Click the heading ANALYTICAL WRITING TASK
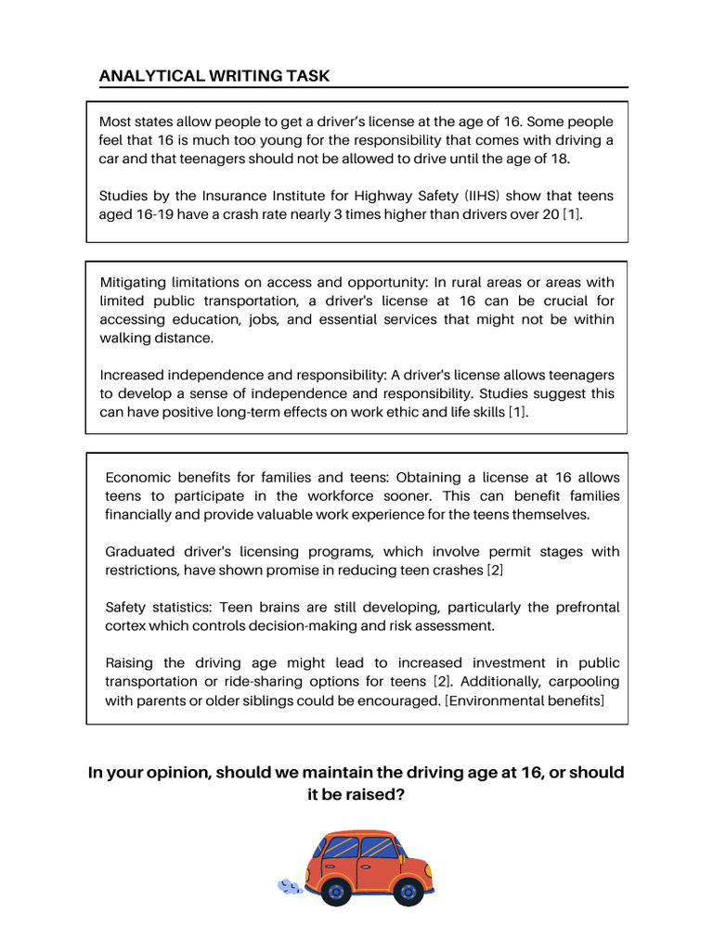pyautogui.click(x=214, y=76)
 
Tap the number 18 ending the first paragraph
pyautogui.click(x=560, y=158)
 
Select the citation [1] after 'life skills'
pyautogui.click(x=518, y=412)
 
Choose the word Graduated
pyautogui.click(x=143, y=551)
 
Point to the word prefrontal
pyautogui.click(x=581, y=607)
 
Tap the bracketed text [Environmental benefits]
pyautogui.click(x=525, y=700)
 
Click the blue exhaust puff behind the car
pyautogui.click(x=290, y=888)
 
